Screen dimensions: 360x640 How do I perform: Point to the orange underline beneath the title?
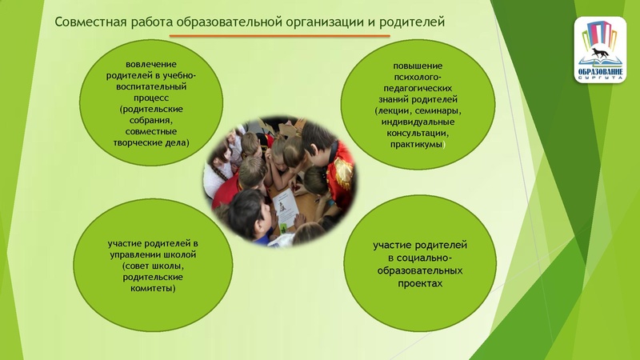pyautogui.click(x=280, y=36)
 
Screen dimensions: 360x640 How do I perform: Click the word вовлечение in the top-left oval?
pyautogui.click(x=152, y=63)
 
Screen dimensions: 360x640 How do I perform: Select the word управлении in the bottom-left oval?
pyautogui.click(x=133, y=254)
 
